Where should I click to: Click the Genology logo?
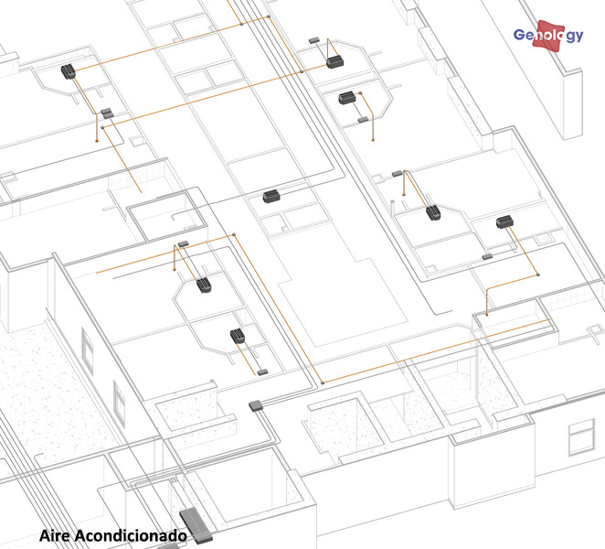click(x=548, y=35)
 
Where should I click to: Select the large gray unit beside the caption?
click(x=196, y=526)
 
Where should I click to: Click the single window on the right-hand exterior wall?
click(x=581, y=437)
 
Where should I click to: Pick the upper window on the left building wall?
click(x=88, y=350)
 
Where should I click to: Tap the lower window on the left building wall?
click(x=119, y=404)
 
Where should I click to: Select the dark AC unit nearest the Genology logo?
click(x=334, y=62)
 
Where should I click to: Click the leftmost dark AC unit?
click(x=69, y=71)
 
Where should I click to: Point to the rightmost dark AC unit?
click(x=504, y=221)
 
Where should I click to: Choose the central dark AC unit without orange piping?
click(x=271, y=196)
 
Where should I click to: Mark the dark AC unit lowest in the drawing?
click(x=238, y=336)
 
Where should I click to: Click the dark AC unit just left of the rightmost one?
click(x=433, y=212)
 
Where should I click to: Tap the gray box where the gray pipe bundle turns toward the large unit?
click(x=256, y=405)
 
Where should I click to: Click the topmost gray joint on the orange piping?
click(x=269, y=16)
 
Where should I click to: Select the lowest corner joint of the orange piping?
click(x=323, y=382)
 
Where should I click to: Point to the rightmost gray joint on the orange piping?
click(x=538, y=274)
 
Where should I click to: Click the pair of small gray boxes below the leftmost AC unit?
click(x=108, y=113)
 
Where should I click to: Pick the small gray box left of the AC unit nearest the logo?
click(x=313, y=39)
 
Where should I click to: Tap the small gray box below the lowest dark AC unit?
click(x=262, y=371)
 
